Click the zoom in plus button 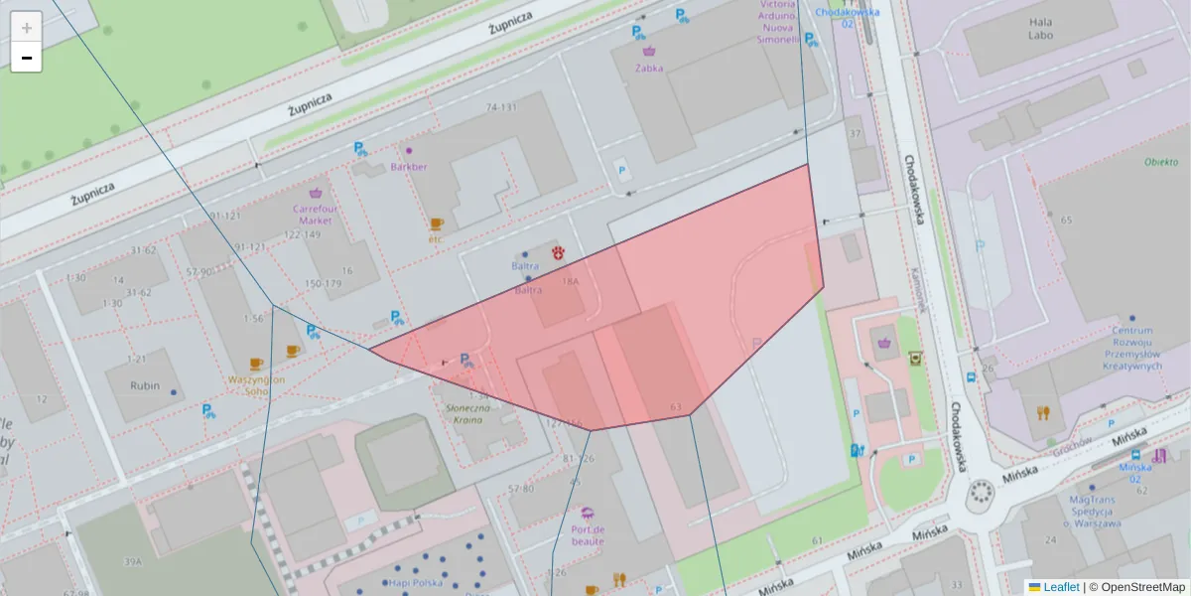point(27,28)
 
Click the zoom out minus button point(27,58)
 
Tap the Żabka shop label point(649,68)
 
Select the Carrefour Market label point(316,215)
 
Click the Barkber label point(409,167)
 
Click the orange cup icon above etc point(436,224)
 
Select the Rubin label point(145,385)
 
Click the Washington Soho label point(256,385)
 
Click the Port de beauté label point(589,535)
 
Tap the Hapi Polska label point(416,583)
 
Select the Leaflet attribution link point(1060,587)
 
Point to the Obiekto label point(1159,162)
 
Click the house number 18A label point(570,282)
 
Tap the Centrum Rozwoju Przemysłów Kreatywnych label point(1131,349)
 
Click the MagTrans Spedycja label point(1095,512)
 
